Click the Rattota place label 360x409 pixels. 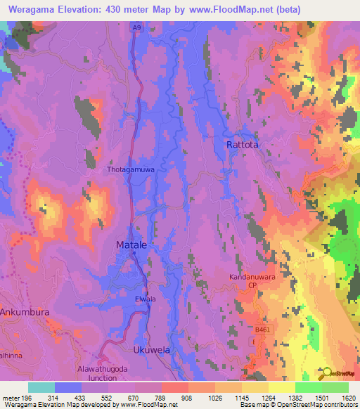click(243, 145)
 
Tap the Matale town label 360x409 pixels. click(131, 245)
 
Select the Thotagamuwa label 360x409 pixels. click(129, 170)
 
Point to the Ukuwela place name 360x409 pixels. click(152, 349)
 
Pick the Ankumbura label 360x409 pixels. click(25, 311)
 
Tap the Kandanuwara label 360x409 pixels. click(251, 278)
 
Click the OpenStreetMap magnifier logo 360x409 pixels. click(327, 373)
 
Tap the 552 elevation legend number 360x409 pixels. click(105, 396)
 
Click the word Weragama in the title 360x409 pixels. click(27, 9)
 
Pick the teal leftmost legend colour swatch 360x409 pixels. click(41, 387)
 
